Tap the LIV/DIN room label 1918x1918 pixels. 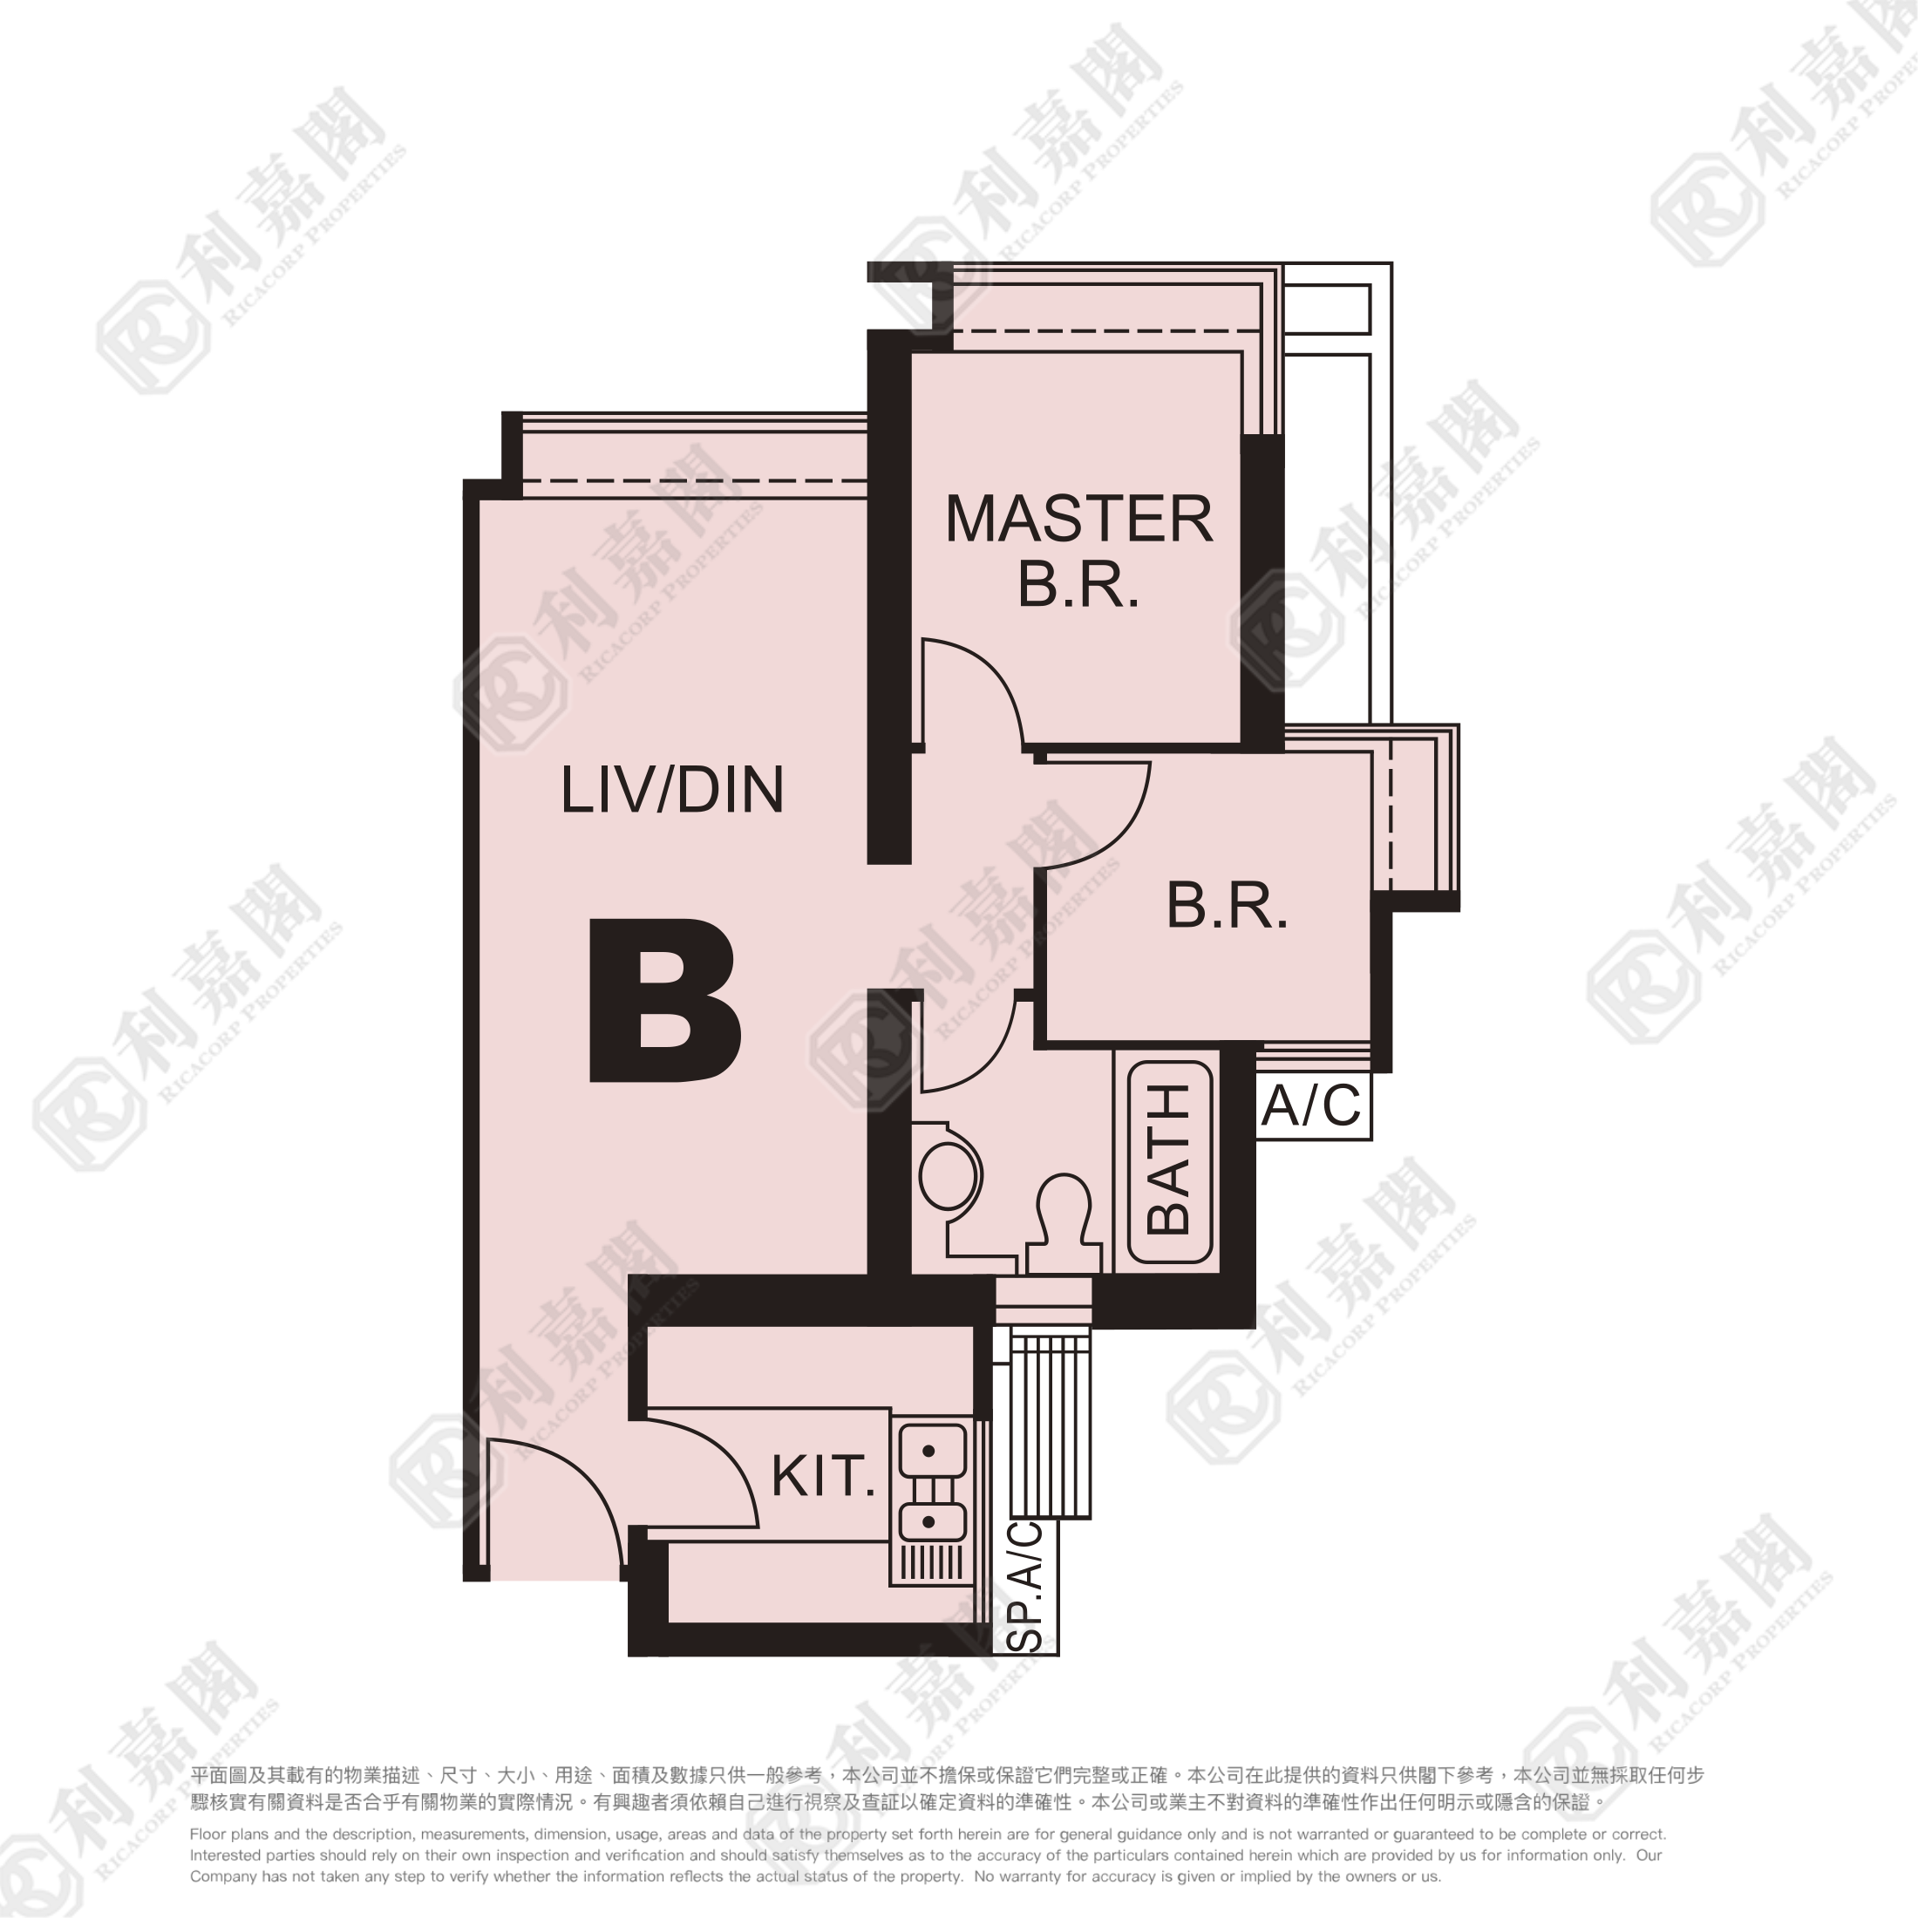click(672, 790)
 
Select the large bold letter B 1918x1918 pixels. click(664, 1000)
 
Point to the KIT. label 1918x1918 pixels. click(823, 1476)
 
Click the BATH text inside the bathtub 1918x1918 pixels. click(1168, 1159)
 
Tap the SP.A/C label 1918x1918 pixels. click(1026, 1587)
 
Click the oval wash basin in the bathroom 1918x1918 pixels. click(950, 1178)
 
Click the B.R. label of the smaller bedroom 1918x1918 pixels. click(1227, 906)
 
